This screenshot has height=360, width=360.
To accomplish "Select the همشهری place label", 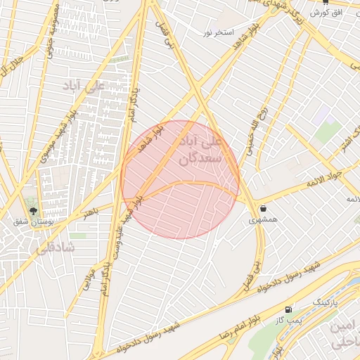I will point(264,220).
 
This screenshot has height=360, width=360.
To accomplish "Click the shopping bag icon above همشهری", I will point(264,209).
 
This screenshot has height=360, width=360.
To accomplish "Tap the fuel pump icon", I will point(288,309).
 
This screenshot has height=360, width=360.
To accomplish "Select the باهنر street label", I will point(89,212).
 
